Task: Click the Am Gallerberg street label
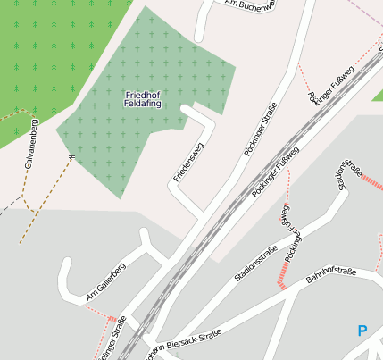point(106,281)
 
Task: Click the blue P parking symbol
point(362,331)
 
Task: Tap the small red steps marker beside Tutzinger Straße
point(112,318)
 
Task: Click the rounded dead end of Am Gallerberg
point(65,264)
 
